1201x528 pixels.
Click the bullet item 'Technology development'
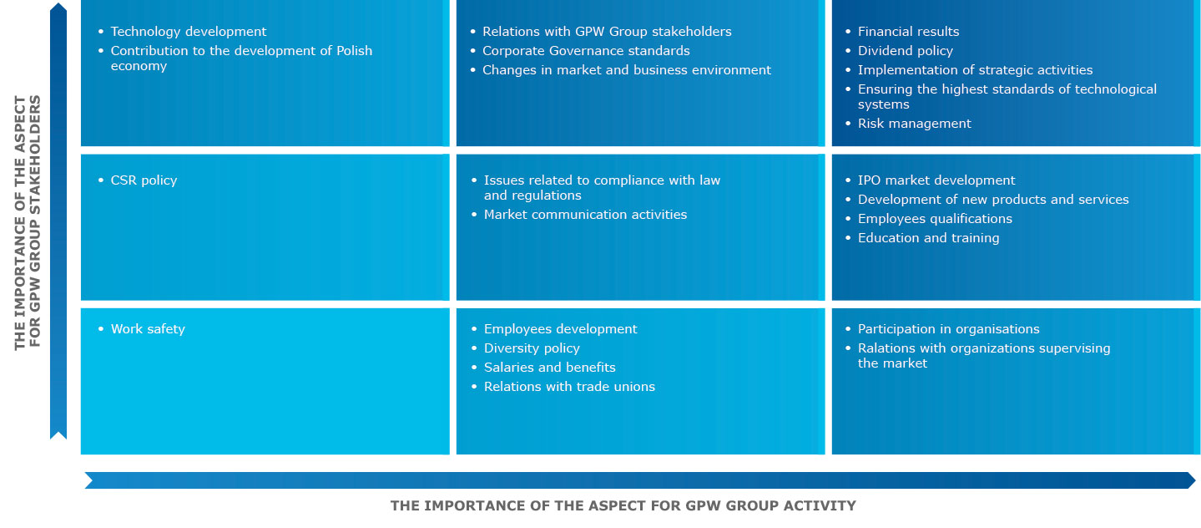(x=188, y=32)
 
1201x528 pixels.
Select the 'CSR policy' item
(x=144, y=180)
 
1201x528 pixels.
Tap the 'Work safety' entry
(x=148, y=329)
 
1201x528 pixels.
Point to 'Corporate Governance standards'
(x=586, y=51)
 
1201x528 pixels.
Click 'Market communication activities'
(x=586, y=215)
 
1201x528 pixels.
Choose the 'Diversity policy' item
(x=532, y=348)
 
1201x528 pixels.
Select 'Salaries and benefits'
(x=549, y=368)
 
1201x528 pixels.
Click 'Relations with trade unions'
(x=569, y=387)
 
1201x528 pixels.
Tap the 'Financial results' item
(x=908, y=32)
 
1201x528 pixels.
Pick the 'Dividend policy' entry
(x=906, y=51)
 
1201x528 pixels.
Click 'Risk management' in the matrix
(x=914, y=124)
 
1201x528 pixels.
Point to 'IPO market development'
(x=936, y=180)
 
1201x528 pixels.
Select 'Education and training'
(x=929, y=238)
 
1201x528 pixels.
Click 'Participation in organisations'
(x=948, y=329)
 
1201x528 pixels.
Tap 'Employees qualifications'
(x=935, y=219)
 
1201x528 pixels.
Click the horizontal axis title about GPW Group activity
(x=623, y=506)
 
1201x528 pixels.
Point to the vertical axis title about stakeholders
(x=28, y=223)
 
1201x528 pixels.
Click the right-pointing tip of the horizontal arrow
(x=1195, y=480)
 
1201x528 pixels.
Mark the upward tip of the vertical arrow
(x=58, y=3)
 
